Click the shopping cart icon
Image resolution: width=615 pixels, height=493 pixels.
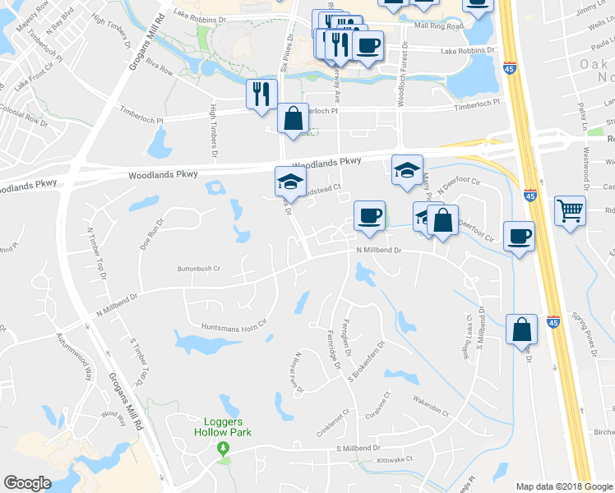pos(569,210)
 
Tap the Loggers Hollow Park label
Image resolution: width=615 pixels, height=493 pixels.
pos(222,426)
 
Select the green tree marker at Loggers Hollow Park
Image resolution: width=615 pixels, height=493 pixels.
pos(222,448)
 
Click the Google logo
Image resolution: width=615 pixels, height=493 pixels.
pos(27,483)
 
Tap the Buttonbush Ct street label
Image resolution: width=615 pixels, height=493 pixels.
pos(200,268)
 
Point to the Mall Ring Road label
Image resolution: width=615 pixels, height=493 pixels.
pos(439,26)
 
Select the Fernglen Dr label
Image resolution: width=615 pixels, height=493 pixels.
pos(347,338)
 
